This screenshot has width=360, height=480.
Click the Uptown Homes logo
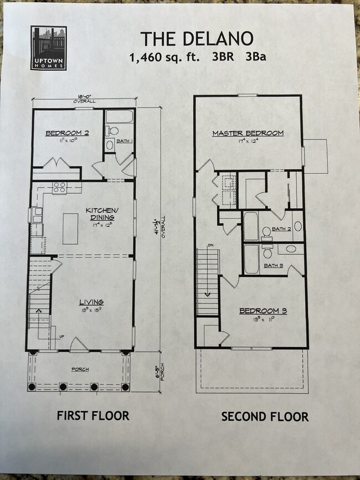[x=49, y=48]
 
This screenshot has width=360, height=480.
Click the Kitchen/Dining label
[x=101, y=214]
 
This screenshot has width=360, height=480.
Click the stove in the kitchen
[x=60, y=188]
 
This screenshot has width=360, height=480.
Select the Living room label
[x=91, y=302]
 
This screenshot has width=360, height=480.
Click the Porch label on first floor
[x=80, y=369]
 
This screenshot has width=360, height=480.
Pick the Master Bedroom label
[x=248, y=133]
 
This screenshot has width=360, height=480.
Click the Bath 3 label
[x=273, y=266]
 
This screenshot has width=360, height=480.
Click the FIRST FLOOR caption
[x=92, y=415]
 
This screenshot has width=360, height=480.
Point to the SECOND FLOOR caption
[x=265, y=416]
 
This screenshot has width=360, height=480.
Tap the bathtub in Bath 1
[x=120, y=117]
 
